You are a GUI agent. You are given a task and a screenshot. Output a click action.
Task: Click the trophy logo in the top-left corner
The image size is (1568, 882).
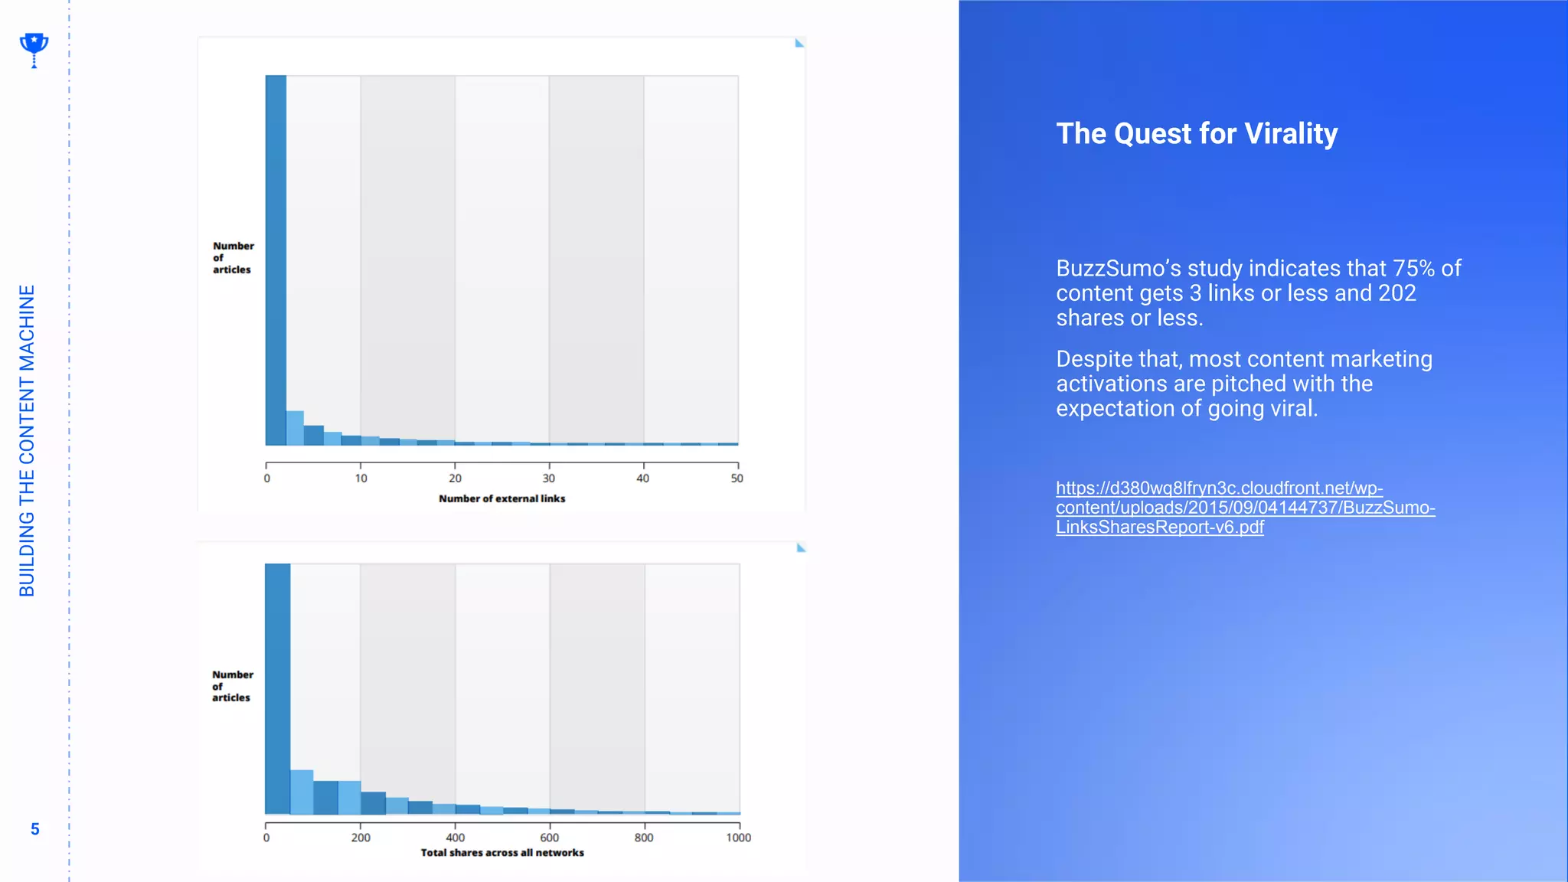34,49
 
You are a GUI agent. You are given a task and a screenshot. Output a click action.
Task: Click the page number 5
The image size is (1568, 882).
34,829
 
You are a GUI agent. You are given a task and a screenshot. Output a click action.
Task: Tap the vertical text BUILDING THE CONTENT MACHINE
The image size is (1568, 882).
27,440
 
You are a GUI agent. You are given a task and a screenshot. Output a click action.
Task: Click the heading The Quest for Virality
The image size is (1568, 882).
1197,134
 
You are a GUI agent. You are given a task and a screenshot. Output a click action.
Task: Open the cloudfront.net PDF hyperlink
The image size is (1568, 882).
1244,508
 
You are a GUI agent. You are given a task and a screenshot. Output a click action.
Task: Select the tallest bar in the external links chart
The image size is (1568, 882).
276,260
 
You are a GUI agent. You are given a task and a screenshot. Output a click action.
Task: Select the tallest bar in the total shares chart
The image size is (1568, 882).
277,689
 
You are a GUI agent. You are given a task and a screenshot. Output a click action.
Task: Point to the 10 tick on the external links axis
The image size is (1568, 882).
361,478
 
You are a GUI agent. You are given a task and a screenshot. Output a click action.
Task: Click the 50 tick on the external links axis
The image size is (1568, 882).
737,478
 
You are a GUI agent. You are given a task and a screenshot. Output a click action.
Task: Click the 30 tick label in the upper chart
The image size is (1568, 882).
549,478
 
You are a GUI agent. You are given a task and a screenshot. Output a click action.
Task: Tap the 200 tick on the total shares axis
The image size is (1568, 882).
361,838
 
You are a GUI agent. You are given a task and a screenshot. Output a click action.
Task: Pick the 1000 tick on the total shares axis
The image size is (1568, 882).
738,838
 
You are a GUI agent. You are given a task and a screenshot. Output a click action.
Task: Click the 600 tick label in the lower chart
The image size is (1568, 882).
549,838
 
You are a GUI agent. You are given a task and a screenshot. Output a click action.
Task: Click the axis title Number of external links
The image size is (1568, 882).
501,498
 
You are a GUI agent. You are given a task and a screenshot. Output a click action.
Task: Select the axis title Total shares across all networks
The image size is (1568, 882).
501,853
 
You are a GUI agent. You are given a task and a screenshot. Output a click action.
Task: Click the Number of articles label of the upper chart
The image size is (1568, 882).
233,257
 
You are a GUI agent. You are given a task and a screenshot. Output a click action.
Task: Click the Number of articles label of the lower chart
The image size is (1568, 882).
232,686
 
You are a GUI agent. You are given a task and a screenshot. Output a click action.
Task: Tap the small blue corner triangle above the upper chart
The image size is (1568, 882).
799,44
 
